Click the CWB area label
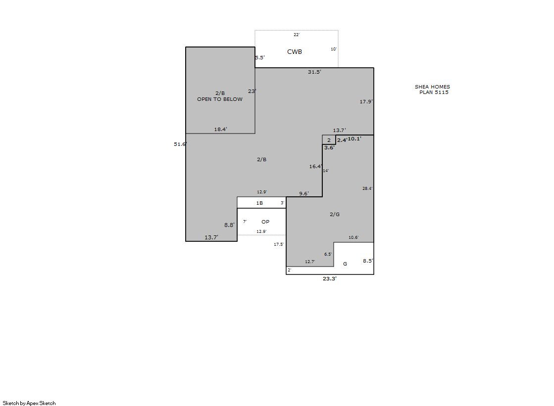pos(294,52)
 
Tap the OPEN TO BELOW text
pos(220,99)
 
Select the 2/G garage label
pos(335,214)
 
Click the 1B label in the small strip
pos(259,203)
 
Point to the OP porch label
pos(265,222)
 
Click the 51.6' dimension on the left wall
pos(180,144)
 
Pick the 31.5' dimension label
pos(314,72)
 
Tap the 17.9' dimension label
pos(366,102)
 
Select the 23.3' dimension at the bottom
pos(330,278)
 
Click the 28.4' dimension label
pos(367,188)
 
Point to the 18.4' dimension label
pos(220,129)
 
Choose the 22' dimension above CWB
pos(297,35)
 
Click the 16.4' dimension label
pos(315,166)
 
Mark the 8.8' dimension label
pos(229,225)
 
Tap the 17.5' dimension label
pos(279,244)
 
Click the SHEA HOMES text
pos(433,87)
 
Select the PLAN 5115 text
pos(434,92)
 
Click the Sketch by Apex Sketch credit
pos(29,403)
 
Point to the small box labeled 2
pos(329,140)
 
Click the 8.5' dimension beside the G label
pos(368,261)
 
